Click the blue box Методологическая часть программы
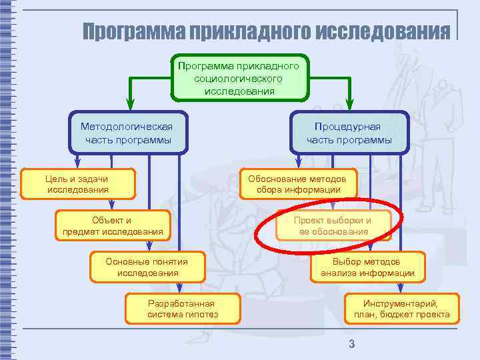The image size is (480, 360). (127, 133)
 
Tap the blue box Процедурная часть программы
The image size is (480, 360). (349, 133)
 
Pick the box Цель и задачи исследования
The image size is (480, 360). (78, 184)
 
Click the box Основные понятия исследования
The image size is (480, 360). (147, 267)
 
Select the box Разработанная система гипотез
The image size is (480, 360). (183, 309)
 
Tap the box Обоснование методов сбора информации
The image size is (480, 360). (297, 184)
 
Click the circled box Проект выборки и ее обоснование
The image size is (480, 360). (333, 226)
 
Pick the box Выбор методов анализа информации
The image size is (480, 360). (367, 267)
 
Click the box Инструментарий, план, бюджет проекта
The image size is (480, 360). (401, 309)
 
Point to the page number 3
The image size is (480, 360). (351, 344)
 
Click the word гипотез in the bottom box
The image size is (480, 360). (203, 315)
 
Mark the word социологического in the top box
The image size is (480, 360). (239, 79)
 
